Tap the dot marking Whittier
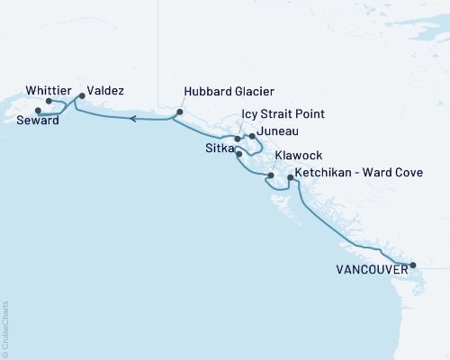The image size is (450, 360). pyautogui.click(x=49, y=102)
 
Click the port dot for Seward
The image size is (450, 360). pyautogui.click(x=37, y=111)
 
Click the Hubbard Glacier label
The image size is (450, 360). pyautogui.click(x=229, y=91)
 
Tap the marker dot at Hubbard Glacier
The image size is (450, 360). pyautogui.click(x=179, y=112)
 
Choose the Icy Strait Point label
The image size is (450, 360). pyautogui.click(x=283, y=114)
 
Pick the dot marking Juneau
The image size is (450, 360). pyautogui.click(x=252, y=136)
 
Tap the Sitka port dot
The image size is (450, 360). pyautogui.click(x=238, y=154)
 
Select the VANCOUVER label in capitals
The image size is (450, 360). pyautogui.click(x=367, y=268)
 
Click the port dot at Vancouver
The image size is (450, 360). pyautogui.click(x=413, y=265)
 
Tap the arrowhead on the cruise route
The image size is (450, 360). pyautogui.click(x=132, y=118)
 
